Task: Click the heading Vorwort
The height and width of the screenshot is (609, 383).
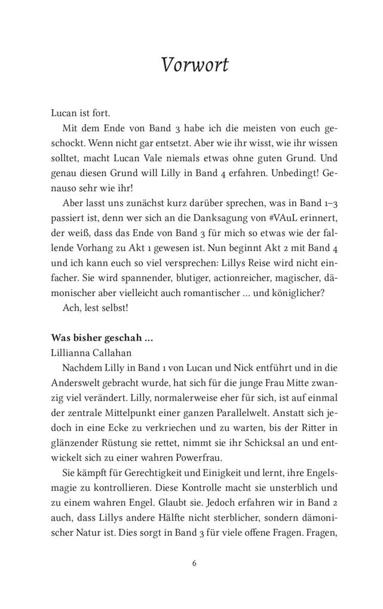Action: (x=195, y=64)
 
